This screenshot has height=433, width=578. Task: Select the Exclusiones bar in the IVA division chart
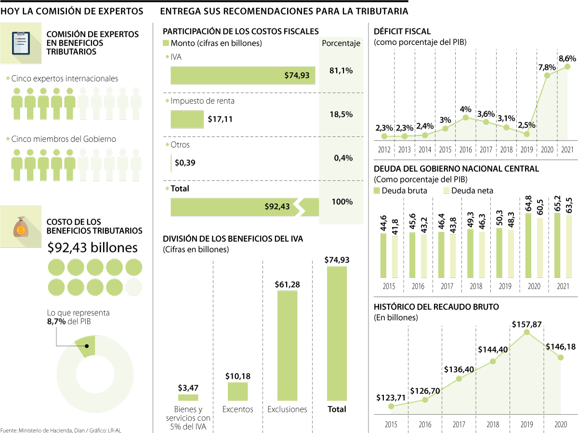pyautogui.click(x=287, y=345)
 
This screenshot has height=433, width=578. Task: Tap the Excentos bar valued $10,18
pyautogui.click(x=238, y=391)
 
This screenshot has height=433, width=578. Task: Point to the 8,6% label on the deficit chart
pyautogui.click(x=567, y=58)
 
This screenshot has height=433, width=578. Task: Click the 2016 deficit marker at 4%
pyautogui.click(x=465, y=117)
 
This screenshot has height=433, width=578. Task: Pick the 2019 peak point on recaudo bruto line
pyautogui.click(x=527, y=332)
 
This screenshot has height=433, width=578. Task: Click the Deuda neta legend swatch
pyautogui.click(x=446, y=190)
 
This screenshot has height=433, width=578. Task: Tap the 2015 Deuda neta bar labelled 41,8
pyautogui.click(x=395, y=257)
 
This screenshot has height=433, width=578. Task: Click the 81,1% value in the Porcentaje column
pyautogui.click(x=341, y=71)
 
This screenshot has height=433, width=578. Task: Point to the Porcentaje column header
pyautogui.click(x=341, y=43)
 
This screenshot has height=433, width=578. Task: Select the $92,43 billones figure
pyautogui.click(x=92, y=247)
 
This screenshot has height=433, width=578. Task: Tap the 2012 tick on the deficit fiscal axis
pyautogui.click(x=384, y=150)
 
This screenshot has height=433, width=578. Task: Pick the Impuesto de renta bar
pyautogui.click(x=187, y=119)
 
